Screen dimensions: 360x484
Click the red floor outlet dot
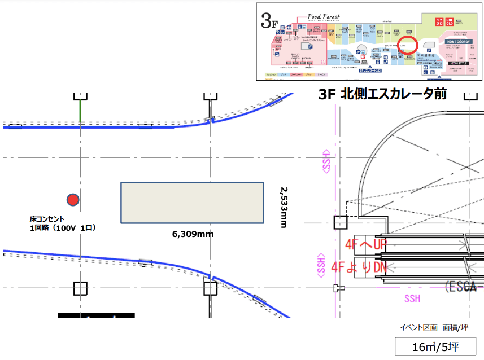tap(72, 199)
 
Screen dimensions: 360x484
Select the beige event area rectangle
tap(192, 203)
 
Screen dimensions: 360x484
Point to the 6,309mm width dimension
tap(193, 234)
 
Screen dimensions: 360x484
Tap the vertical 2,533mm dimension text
tap(284, 208)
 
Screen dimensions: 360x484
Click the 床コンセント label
tap(47, 219)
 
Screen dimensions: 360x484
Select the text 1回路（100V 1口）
tap(63, 228)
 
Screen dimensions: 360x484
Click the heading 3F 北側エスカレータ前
tap(382, 95)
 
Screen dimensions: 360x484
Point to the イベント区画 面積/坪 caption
tap(435, 327)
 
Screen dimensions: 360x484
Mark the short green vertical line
tap(80, 109)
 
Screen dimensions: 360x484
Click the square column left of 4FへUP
tap(341, 222)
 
